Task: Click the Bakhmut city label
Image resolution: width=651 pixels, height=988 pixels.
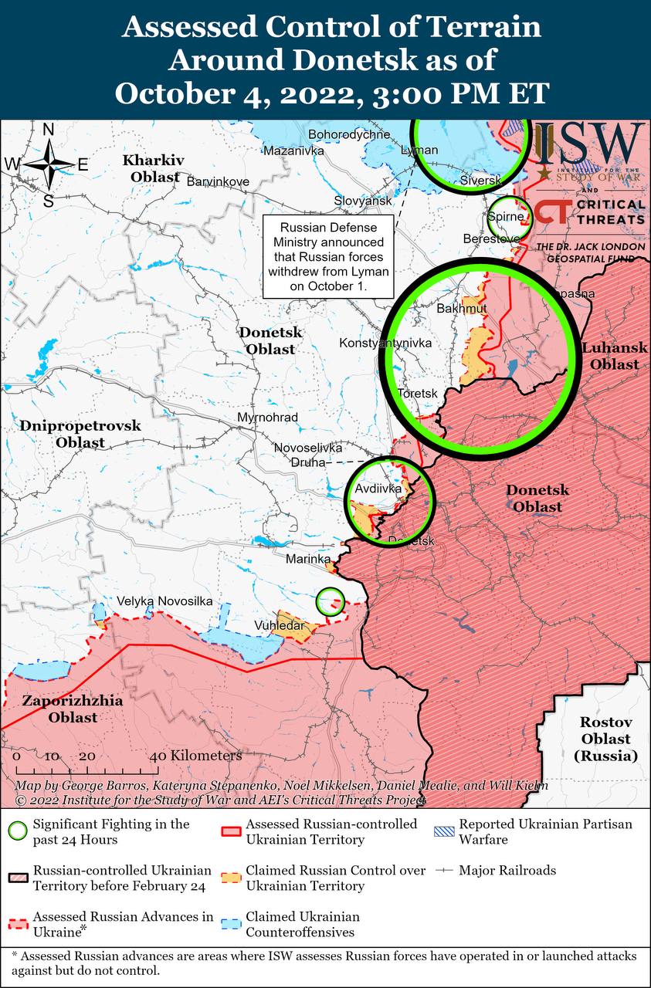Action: pos(462,309)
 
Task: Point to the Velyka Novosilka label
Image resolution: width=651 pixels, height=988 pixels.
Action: pos(164,601)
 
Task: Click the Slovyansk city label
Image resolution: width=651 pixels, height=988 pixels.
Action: pos(363,201)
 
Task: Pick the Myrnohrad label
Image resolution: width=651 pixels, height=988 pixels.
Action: pos(268,418)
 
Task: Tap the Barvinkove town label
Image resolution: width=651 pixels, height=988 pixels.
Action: pos(219,181)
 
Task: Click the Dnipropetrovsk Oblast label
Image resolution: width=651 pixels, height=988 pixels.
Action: pos(80,434)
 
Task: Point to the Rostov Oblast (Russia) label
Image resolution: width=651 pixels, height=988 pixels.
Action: pos(606,739)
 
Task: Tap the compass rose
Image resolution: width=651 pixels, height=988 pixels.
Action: pos(48,164)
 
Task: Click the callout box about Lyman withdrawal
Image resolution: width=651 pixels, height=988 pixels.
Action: pos(328,256)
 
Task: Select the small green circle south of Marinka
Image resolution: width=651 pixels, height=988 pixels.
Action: pos(331,601)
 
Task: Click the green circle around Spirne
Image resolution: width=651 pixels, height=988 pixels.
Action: pos(510,218)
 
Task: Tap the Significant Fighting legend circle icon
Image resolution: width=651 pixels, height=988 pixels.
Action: pos(16,831)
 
